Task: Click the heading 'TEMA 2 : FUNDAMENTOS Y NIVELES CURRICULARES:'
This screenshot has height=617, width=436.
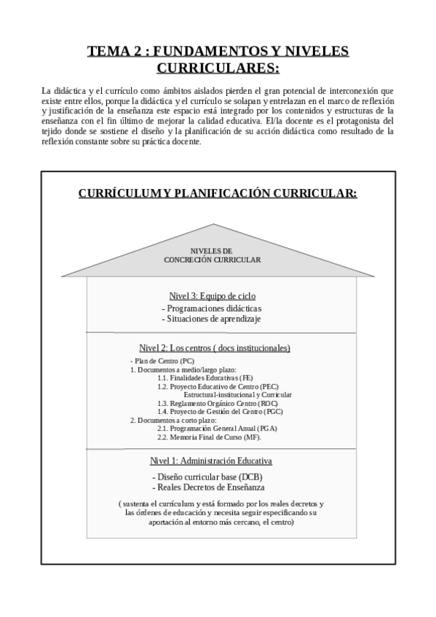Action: click(218, 60)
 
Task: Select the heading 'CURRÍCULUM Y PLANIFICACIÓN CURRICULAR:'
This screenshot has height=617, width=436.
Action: click(218, 193)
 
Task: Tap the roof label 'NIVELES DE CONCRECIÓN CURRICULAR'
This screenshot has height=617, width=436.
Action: click(212, 255)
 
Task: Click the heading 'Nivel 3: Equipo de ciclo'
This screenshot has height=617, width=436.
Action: click(212, 296)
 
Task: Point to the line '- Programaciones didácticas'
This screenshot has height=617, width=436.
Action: click(212, 308)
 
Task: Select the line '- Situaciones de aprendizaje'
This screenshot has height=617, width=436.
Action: click(212, 319)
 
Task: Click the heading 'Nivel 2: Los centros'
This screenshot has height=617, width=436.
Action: click(215, 348)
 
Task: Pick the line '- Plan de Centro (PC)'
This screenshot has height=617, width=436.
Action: click(162, 361)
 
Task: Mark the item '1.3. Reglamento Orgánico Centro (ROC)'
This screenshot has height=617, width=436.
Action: click(218, 403)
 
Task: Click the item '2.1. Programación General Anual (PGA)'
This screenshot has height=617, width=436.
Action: click(217, 429)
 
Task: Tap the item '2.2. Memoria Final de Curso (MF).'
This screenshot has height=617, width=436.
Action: click(209, 437)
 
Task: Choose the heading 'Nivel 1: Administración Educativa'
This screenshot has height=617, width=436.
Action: click(211, 461)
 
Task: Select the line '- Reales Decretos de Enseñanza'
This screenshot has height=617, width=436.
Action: click(209, 487)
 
